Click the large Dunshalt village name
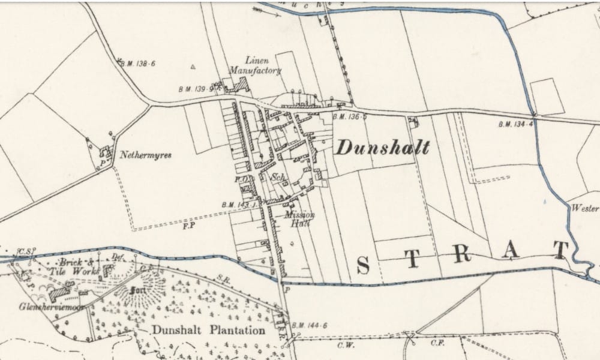382,148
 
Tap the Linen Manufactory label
263,65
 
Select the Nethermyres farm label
145,155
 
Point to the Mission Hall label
296,218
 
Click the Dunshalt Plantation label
208,330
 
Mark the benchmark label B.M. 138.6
137,63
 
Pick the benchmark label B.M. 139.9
196,89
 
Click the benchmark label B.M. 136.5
349,116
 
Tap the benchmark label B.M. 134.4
515,125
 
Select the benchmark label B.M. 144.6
310,326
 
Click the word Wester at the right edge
585,209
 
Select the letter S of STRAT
363,264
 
